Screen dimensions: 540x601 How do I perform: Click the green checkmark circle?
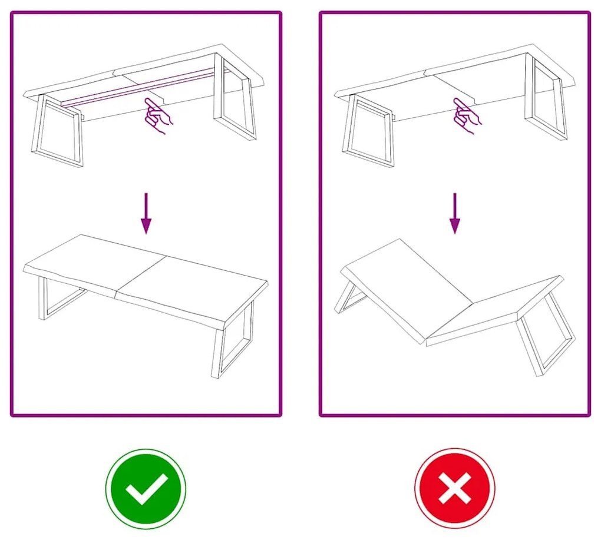pos(146,489)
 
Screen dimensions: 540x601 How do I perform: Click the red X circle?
pos(454,489)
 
